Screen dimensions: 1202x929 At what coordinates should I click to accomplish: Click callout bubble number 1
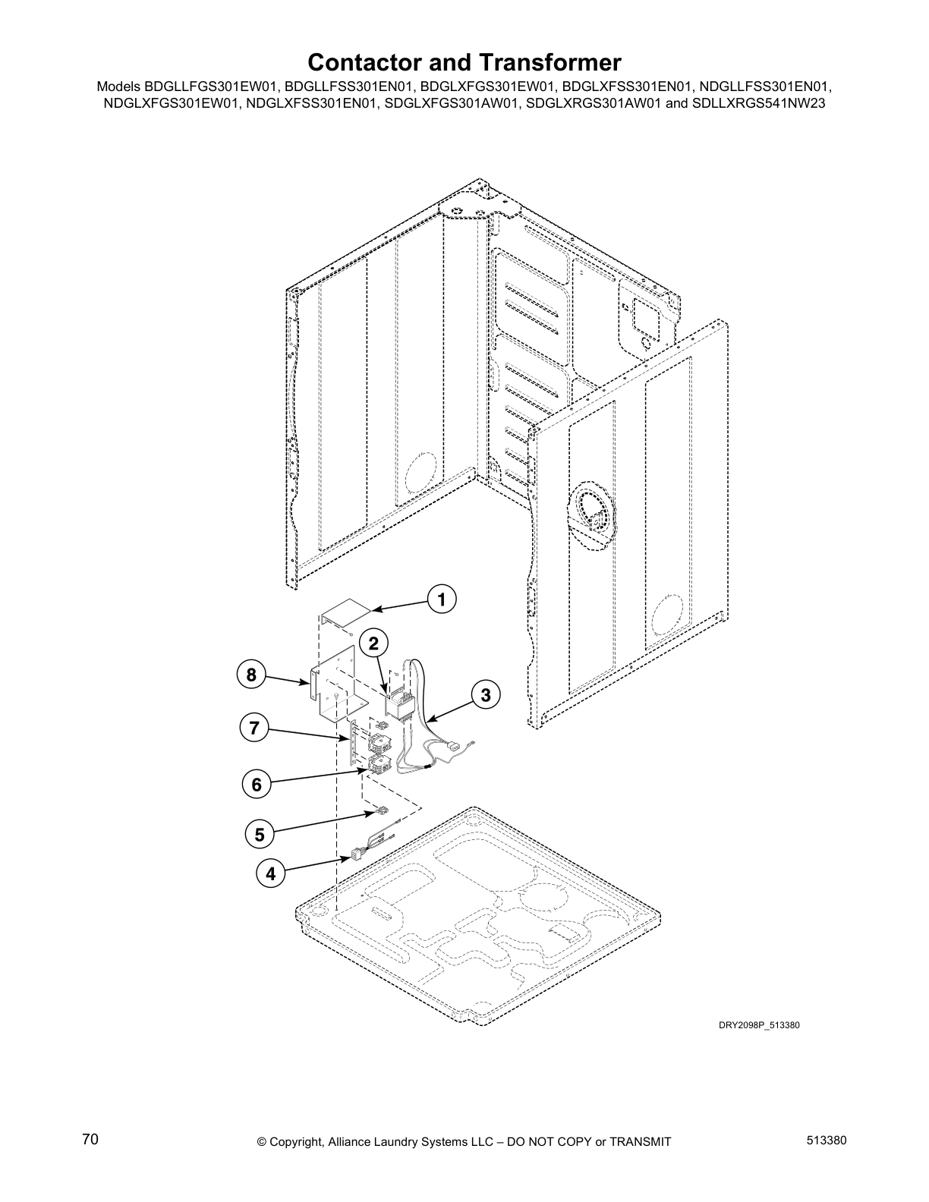point(442,599)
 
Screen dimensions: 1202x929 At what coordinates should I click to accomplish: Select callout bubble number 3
point(485,694)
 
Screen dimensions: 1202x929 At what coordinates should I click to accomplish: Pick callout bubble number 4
point(270,873)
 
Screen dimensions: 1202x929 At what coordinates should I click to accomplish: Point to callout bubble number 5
point(260,835)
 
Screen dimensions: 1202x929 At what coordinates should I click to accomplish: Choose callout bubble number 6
point(257,784)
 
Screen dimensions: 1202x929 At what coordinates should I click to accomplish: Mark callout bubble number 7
point(254,729)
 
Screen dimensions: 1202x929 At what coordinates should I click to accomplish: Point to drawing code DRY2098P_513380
point(759,1025)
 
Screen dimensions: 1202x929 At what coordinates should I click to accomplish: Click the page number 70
point(90,1139)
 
